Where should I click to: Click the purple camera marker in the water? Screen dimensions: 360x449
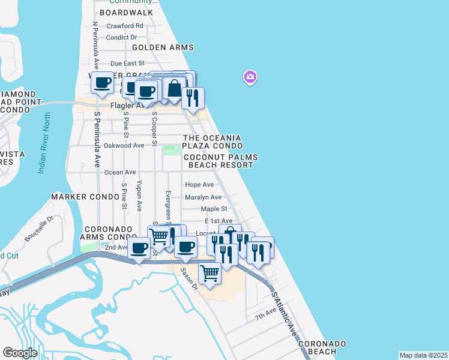(250, 77)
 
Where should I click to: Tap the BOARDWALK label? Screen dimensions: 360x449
(127, 12)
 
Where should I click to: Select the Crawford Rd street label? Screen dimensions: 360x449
(125, 26)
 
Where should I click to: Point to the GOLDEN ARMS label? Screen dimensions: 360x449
(163, 47)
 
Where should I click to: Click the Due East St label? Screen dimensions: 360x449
(127, 63)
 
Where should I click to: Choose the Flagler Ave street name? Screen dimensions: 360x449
(128, 106)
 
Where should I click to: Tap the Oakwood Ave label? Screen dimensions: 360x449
(124, 145)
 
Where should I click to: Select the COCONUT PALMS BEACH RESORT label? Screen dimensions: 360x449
(223, 161)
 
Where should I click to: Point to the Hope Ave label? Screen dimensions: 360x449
(199, 185)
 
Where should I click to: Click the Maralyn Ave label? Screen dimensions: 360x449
(203, 197)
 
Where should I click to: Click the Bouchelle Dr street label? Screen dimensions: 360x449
(40, 229)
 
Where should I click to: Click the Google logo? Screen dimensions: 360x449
(20, 353)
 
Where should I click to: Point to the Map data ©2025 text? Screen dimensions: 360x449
(423, 355)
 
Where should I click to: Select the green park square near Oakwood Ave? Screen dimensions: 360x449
(172, 149)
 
